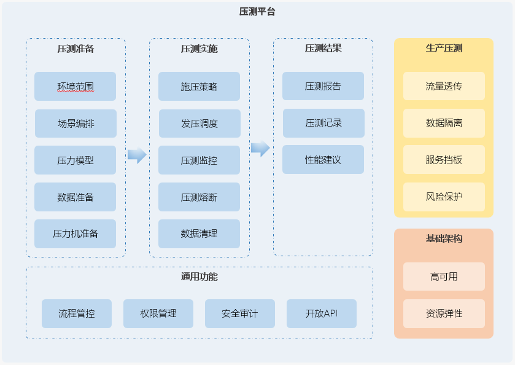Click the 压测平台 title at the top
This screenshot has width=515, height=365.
[x=257, y=12]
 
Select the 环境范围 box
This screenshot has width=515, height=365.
[x=76, y=87]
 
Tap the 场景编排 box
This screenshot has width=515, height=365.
[x=76, y=124]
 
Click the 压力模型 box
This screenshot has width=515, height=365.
[x=76, y=160]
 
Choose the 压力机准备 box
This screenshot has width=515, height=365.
[x=76, y=234]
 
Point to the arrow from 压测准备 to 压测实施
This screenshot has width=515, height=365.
[x=137, y=155]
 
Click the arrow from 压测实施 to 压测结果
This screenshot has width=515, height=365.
[x=260, y=148]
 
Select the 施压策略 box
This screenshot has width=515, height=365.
[x=199, y=87]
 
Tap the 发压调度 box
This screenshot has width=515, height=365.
[x=199, y=124]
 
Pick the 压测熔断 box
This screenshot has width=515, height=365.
[x=199, y=197]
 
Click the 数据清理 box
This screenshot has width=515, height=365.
[x=199, y=234]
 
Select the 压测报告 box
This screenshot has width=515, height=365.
[x=323, y=86]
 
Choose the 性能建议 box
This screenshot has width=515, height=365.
[x=323, y=160]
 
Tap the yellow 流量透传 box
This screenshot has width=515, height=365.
[x=444, y=86]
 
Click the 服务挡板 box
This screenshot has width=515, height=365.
[x=444, y=160]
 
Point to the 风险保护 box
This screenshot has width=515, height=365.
[x=444, y=197]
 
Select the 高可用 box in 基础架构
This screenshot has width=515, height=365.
[x=444, y=277]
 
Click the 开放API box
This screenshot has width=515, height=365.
[x=322, y=313]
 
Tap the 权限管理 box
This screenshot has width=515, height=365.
[x=158, y=313]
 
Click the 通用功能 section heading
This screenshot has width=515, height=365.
[x=199, y=277]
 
